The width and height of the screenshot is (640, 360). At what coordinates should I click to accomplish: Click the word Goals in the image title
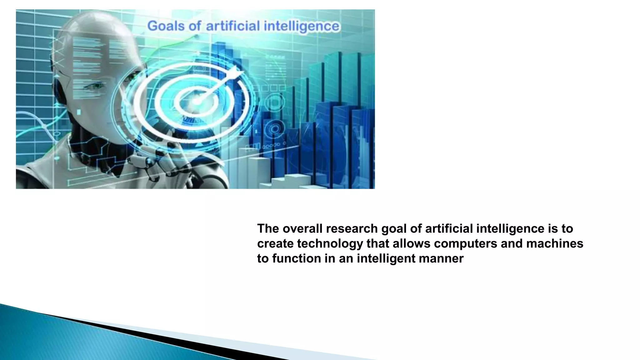click(x=166, y=26)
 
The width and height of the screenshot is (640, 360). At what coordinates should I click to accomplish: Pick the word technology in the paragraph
click(x=330, y=243)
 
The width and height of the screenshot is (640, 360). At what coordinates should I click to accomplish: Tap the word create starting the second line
click(x=275, y=243)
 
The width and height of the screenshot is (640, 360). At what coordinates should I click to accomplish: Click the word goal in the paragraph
click(x=394, y=229)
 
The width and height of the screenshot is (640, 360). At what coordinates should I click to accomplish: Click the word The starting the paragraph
click(x=268, y=229)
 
